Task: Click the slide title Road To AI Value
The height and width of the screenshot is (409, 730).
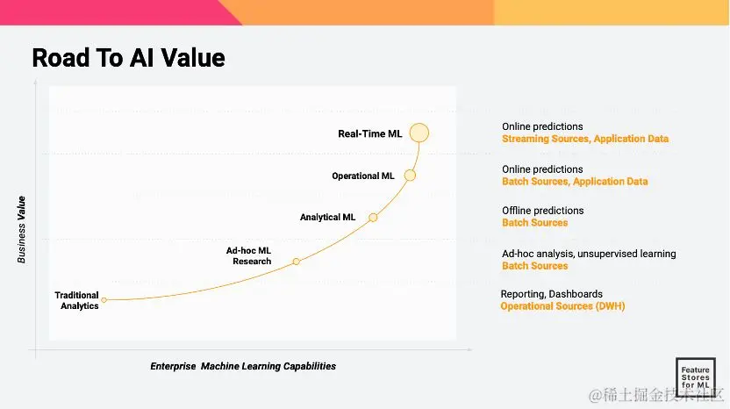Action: point(128,58)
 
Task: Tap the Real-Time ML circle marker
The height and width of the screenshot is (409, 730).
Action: point(419,133)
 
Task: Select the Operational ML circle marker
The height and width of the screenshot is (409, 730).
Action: point(410,176)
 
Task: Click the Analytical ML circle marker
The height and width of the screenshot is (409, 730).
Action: point(373,218)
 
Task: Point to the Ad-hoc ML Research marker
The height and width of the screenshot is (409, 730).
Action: point(296,262)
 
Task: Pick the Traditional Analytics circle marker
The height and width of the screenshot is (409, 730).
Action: point(104,300)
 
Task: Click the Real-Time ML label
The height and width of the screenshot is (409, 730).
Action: point(369,134)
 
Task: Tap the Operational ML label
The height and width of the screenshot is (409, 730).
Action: point(363,176)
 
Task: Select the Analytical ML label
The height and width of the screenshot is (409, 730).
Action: point(327,218)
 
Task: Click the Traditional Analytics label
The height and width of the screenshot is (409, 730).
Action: point(77,300)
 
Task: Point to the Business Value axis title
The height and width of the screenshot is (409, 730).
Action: point(21,230)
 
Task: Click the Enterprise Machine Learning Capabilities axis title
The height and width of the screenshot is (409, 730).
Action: point(243,367)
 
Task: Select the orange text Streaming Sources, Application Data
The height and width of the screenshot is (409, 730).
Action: point(585,139)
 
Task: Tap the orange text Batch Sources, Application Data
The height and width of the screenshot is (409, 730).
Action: point(575,182)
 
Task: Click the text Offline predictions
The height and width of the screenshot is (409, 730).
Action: point(543,211)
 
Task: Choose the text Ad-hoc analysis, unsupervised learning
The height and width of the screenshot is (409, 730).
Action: point(589,254)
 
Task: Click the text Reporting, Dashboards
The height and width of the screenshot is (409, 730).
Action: point(552,294)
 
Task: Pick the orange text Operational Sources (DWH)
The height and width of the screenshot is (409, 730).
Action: point(563,306)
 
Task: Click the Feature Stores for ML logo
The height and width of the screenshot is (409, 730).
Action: point(696,377)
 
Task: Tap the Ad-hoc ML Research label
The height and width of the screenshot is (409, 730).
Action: point(248,256)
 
